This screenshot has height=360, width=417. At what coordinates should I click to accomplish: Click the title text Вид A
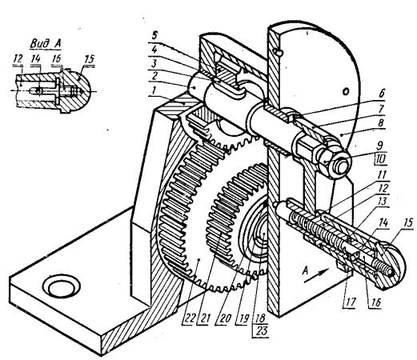[x=46, y=44]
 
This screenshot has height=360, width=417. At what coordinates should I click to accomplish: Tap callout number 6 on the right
[x=382, y=94]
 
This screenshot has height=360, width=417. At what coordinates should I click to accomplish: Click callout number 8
[x=381, y=123]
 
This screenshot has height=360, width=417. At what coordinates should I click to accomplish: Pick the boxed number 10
[x=380, y=159]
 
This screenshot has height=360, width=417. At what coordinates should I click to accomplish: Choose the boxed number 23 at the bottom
[x=262, y=330]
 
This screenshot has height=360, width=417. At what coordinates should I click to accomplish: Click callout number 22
[x=189, y=318]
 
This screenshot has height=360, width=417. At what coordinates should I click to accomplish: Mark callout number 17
[x=350, y=302]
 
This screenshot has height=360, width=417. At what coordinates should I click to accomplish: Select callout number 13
[x=382, y=202]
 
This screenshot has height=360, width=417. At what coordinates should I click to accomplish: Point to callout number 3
[x=154, y=64]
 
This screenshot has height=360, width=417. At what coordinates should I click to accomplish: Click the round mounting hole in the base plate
[x=61, y=287]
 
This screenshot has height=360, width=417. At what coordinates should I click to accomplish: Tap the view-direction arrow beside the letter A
[x=319, y=275]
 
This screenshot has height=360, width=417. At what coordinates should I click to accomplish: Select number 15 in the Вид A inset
[x=90, y=59]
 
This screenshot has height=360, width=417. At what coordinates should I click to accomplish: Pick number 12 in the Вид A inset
[x=18, y=58]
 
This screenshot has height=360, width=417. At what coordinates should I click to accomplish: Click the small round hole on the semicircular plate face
[x=346, y=91]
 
